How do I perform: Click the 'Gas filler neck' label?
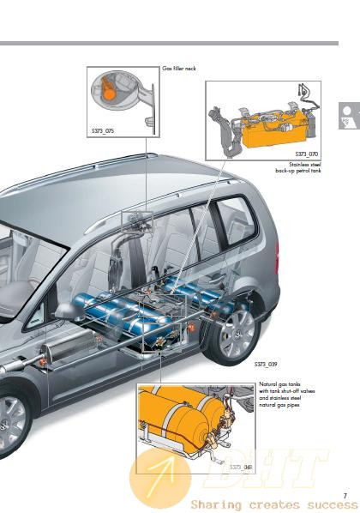click(x=179, y=69)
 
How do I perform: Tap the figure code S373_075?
click(x=103, y=131)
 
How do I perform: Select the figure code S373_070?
click(x=306, y=154)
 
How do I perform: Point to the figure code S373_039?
click(x=266, y=364)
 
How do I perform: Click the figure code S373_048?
click(x=241, y=467)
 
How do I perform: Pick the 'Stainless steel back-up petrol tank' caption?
click(x=298, y=167)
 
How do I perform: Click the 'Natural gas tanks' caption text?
click(x=279, y=384)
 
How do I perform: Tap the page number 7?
click(x=345, y=496)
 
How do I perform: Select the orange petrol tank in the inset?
click(x=273, y=130)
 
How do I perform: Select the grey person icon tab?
click(x=349, y=116)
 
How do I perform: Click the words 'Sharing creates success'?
click(x=274, y=504)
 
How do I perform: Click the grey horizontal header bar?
click(x=169, y=43)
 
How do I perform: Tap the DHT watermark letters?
click(x=265, y=468)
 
